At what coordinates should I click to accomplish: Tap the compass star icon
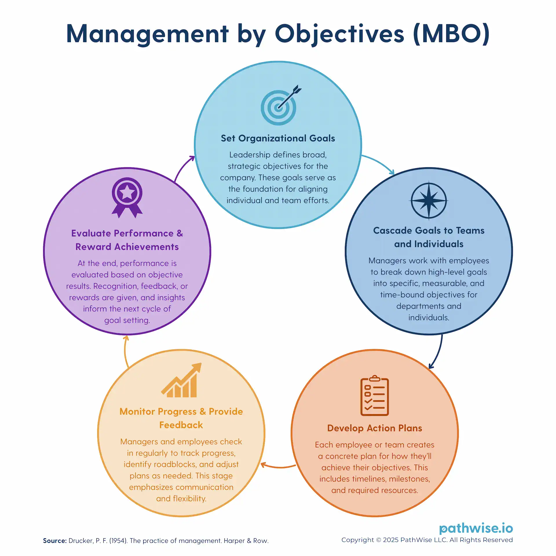click(x=429, y=201)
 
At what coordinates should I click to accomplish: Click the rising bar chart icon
click(x=181, y=380)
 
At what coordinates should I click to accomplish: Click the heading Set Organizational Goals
click(x=278, y=138)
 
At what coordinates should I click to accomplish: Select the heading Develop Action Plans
click(x=375, y=428)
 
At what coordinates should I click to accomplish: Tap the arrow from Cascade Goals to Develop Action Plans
click(x=438, y=352)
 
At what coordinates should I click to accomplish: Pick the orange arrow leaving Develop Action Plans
click(x=278, y=467)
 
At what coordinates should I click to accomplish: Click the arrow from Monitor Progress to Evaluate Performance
click(x=125, y=351)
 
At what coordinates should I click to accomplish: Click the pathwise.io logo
click(x=476, y=528)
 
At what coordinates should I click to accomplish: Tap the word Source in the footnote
click(x=55, y=541)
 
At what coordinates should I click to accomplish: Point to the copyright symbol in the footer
click(x=378, y=540)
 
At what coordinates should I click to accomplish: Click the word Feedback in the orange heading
click(x=181, y=425)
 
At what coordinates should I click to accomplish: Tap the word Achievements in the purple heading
click(x=147, y=247)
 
